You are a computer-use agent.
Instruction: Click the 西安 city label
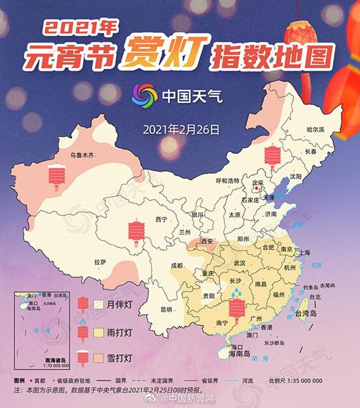click(207, 242)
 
